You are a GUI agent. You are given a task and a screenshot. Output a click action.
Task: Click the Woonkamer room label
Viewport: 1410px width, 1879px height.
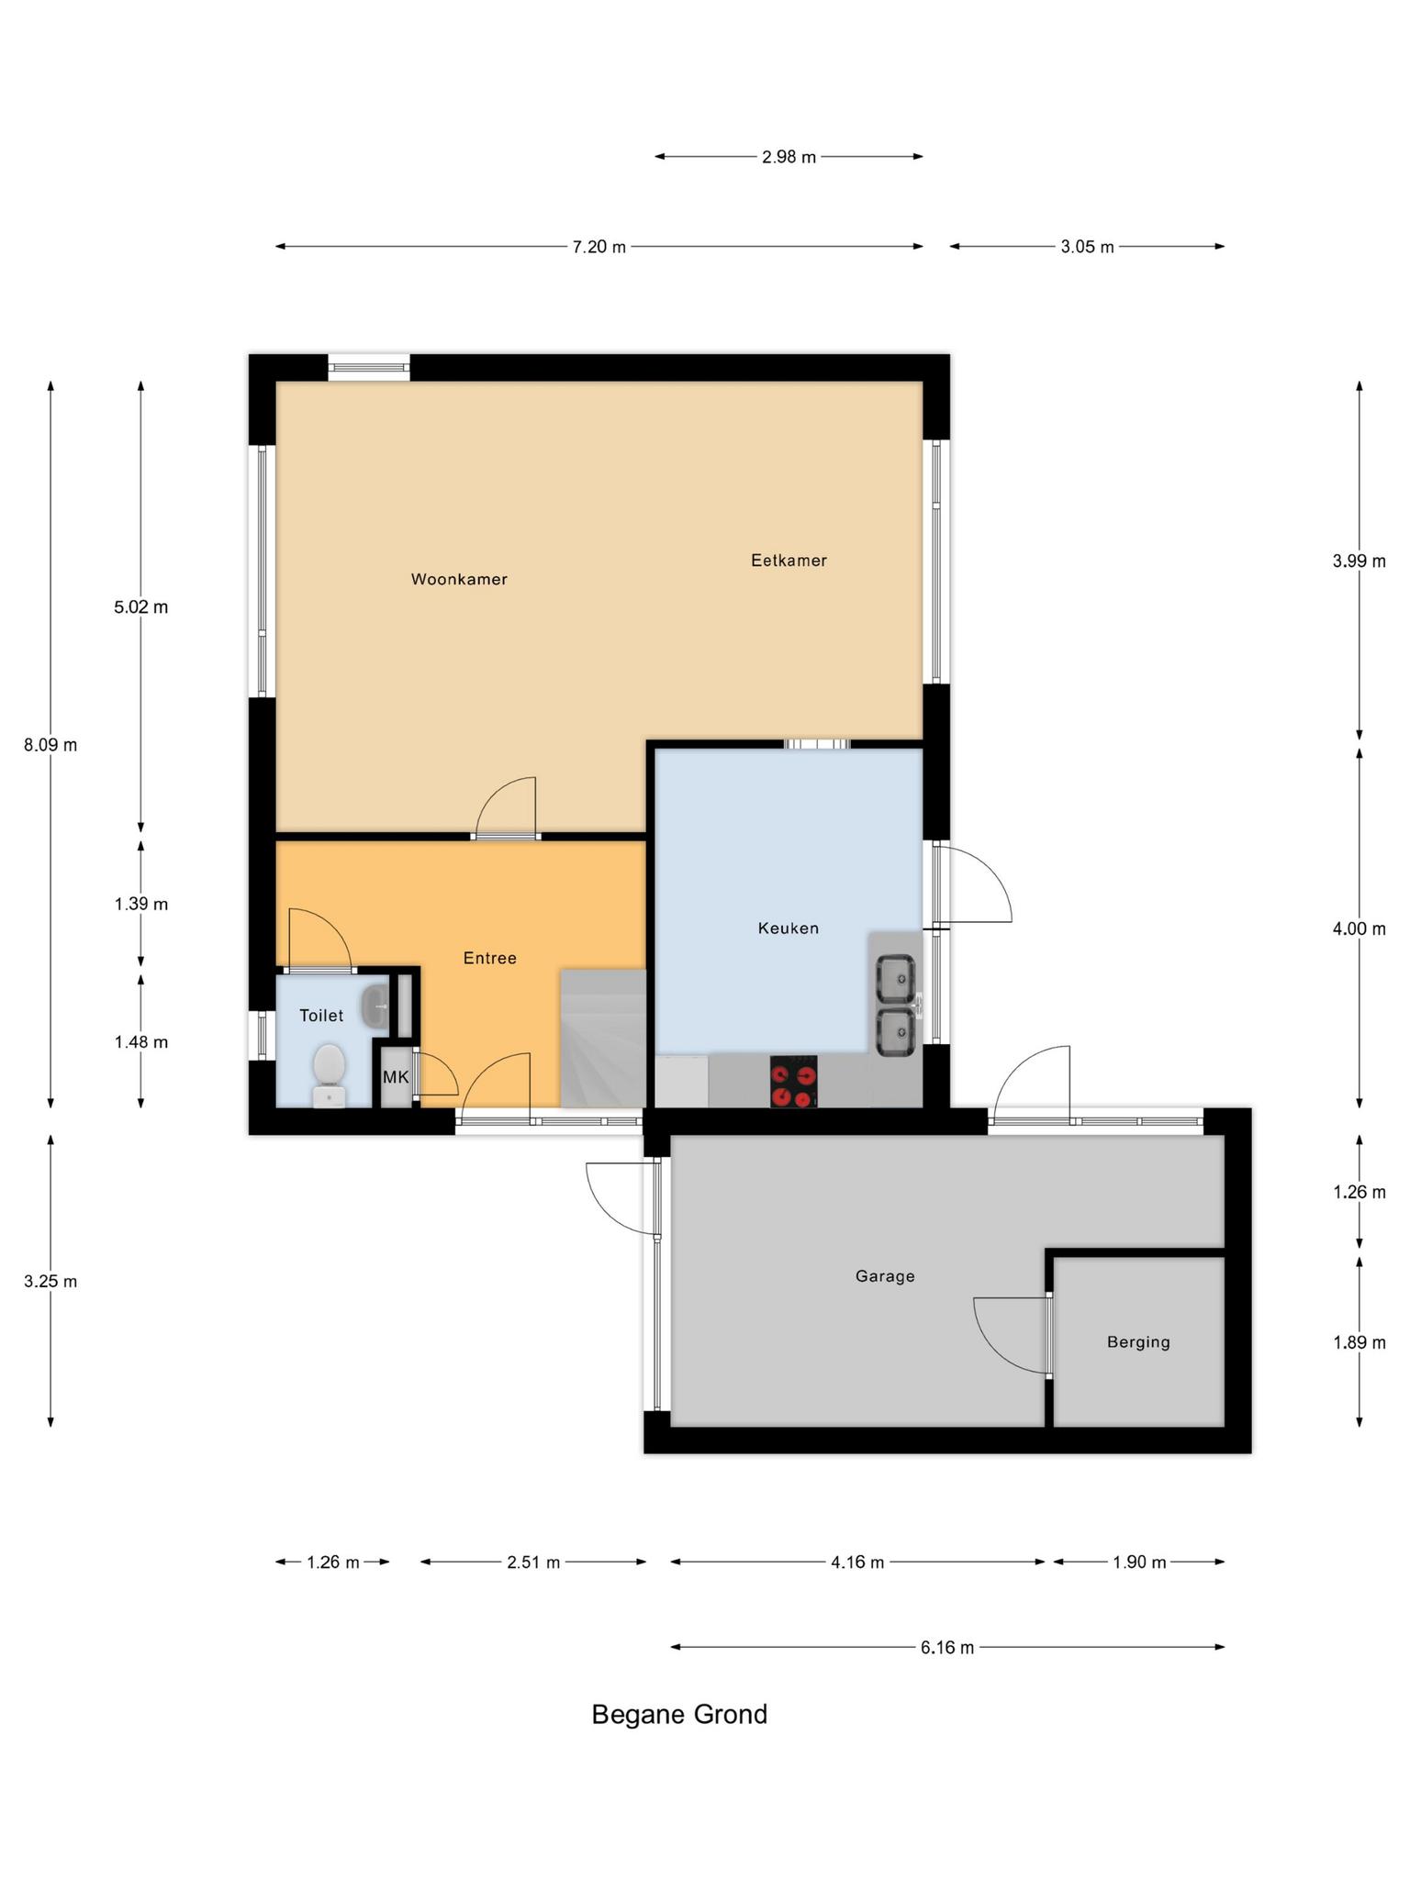click(x=459, y=579)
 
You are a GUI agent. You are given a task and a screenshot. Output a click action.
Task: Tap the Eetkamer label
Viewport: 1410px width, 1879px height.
click(x=789, y=560)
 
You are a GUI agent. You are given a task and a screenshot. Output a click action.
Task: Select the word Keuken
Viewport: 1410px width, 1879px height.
click(x=789, y=928)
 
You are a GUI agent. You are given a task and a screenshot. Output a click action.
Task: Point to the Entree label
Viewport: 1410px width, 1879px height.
click(x=489, y=958)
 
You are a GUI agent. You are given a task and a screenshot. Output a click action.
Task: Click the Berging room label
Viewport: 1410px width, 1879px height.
click(x=1138, y=1342)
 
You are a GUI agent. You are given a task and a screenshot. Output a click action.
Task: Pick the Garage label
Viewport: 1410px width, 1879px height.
click(x=885, y=1275)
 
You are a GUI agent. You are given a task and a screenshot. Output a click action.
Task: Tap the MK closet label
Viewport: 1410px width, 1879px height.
click(x=396, y=1077)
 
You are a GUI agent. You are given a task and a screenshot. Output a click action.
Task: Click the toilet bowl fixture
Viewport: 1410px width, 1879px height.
click(x=329, y=1076)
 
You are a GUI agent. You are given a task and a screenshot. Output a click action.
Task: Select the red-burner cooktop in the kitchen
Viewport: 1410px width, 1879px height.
click(x=793, y=1082)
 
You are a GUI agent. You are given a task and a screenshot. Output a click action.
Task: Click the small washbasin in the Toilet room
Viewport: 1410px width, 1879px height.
click(x=375, y=1006)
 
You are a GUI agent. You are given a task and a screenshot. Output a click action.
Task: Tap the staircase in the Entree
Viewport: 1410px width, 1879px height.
click(x=603, y=1038)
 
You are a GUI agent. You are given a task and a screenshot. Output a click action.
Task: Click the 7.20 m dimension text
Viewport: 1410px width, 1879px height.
click(x=599, y=247)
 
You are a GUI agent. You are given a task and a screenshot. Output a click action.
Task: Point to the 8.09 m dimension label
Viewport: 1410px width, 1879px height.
click(x=50, y=745)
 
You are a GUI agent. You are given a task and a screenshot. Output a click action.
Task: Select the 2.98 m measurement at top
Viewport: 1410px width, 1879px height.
click(x=789, y=157)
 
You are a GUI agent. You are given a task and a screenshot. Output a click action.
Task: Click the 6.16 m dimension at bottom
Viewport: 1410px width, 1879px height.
click(x=947, y=1648)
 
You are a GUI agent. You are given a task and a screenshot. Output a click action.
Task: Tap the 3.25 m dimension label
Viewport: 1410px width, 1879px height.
click(x=50, y=1282)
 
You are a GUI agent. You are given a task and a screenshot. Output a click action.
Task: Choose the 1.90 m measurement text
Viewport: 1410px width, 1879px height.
click(x=1139, y=1562)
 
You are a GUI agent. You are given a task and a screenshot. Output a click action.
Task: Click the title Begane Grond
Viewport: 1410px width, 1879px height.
click(x=679, y=1715)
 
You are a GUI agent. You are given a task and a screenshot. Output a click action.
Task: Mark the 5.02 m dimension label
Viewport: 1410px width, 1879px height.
click(x=140, y=607)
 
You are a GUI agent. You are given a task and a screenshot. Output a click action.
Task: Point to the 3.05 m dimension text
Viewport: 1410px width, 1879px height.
click(x=1087, y=247)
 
